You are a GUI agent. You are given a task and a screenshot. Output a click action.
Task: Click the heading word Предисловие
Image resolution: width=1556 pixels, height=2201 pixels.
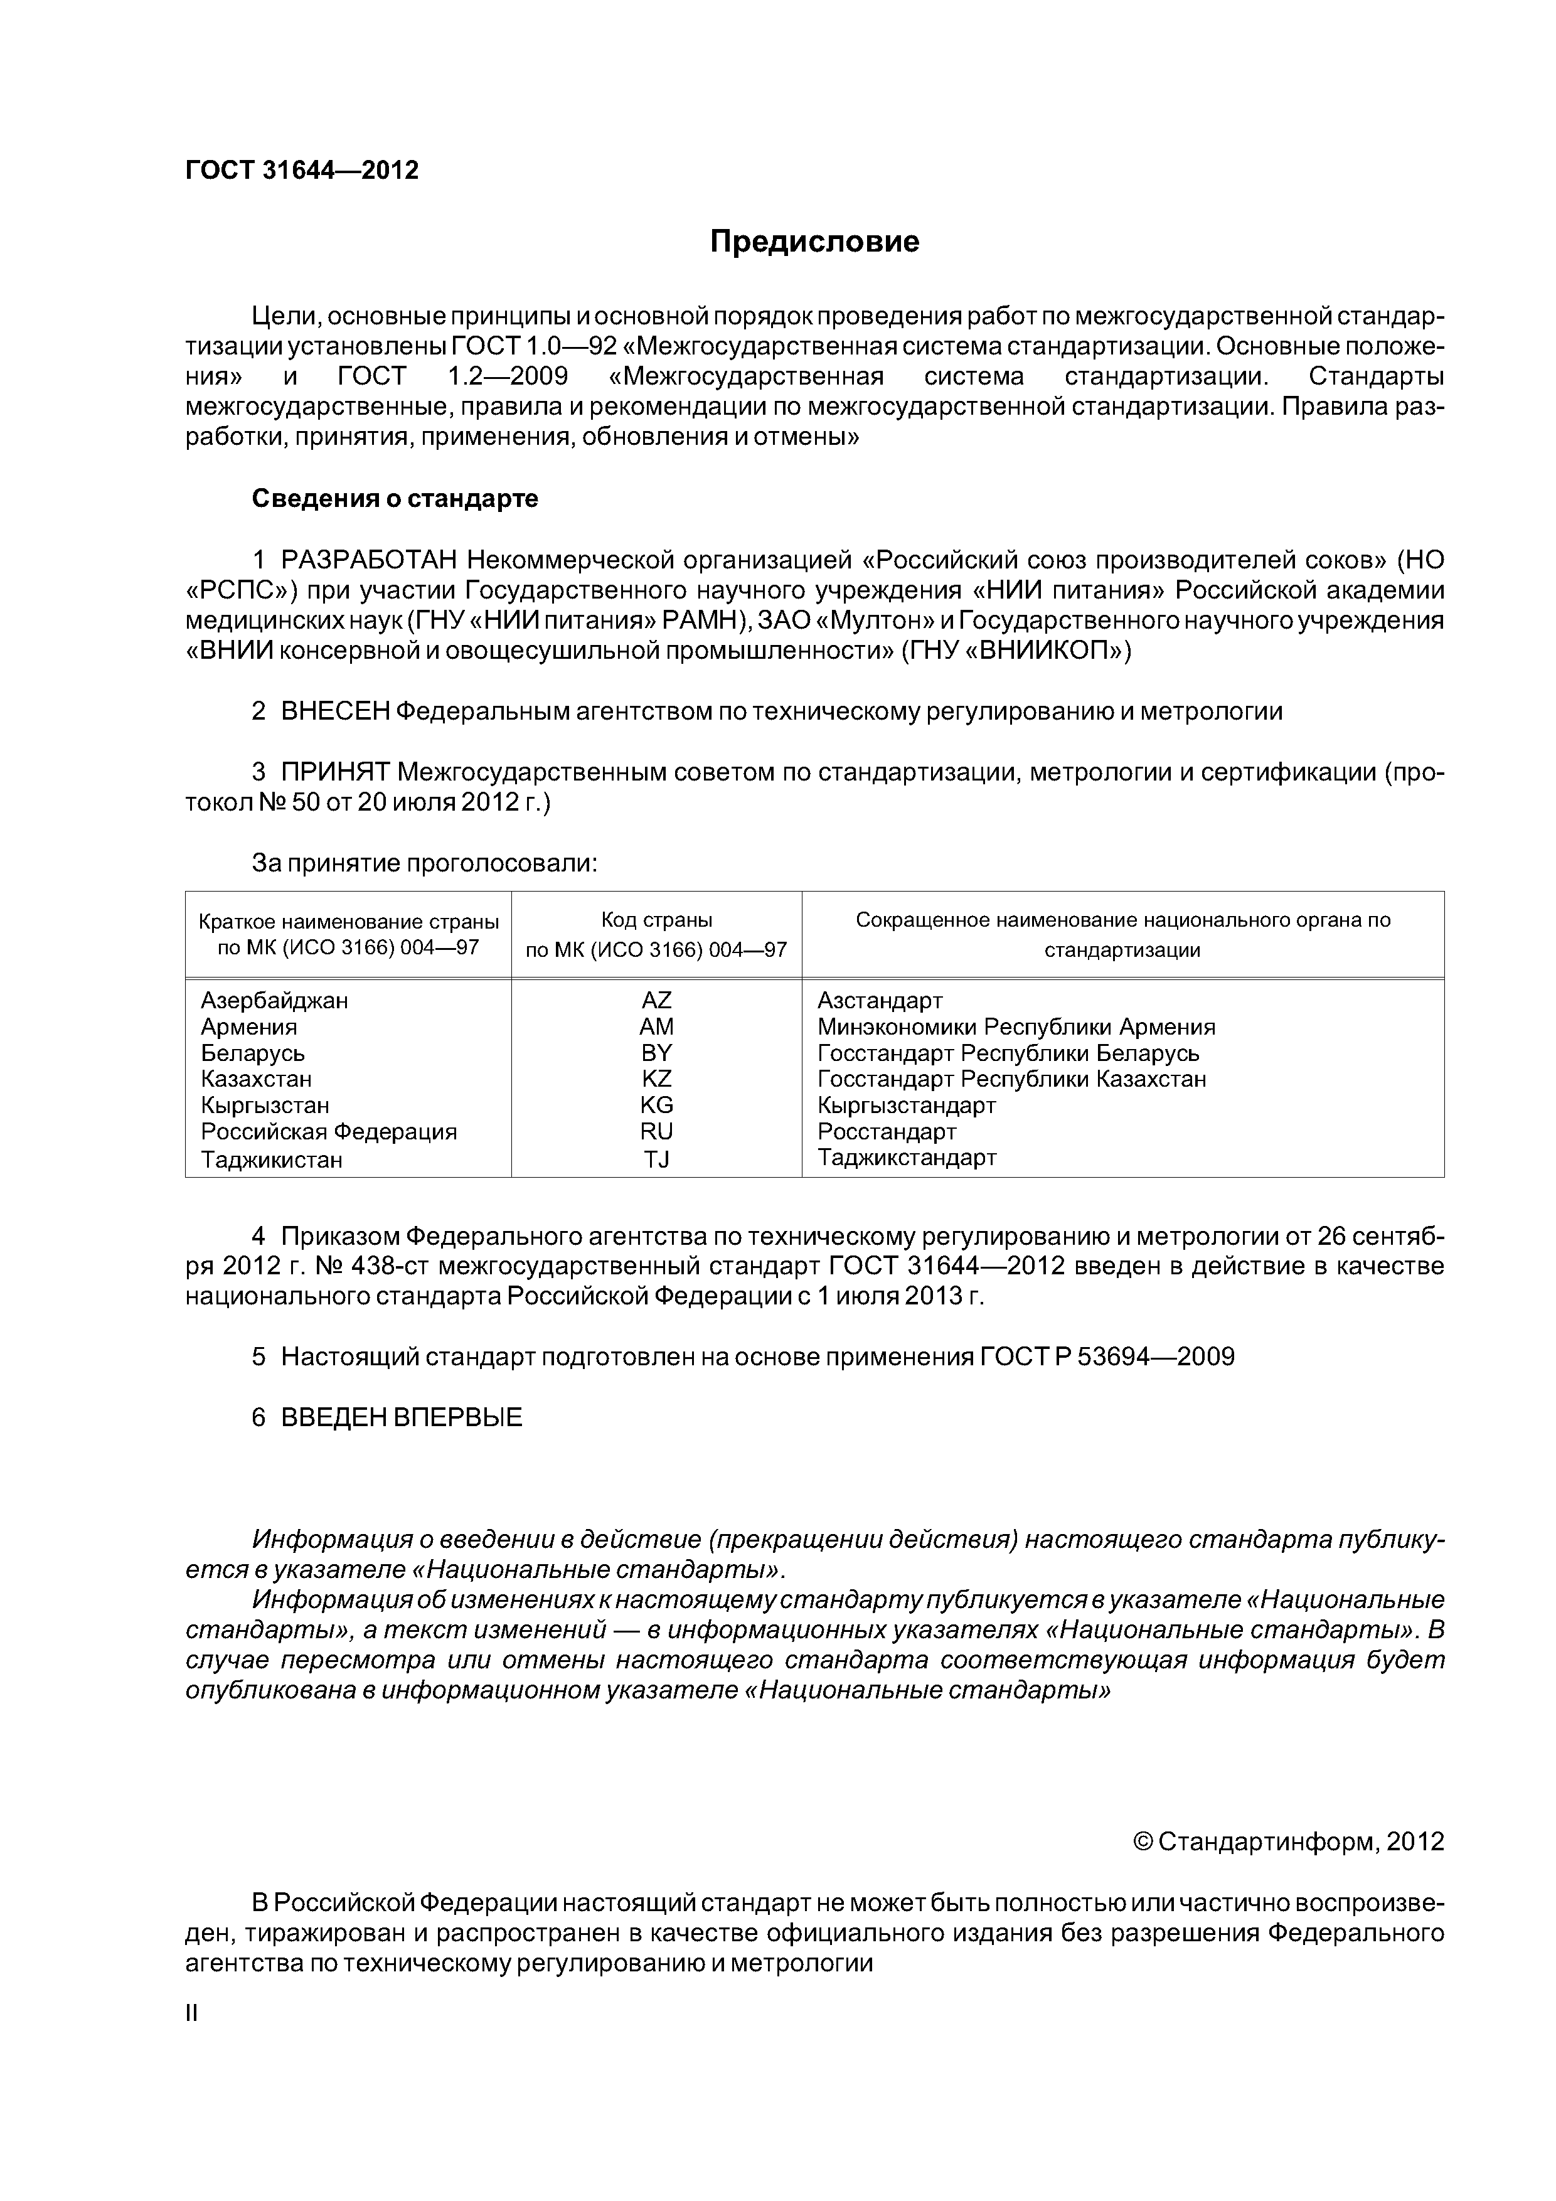click(814, 242)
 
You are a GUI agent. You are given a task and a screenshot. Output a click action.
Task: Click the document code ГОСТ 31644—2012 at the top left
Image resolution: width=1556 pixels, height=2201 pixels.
click(302, 171)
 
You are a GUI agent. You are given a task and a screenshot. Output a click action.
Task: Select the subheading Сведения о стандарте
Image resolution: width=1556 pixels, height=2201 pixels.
click(395, 499)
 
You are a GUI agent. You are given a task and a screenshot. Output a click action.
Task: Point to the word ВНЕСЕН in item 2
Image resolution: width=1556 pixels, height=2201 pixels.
click(336, 711)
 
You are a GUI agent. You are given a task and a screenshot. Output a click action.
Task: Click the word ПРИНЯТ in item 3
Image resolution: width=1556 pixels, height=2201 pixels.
click(336, 772)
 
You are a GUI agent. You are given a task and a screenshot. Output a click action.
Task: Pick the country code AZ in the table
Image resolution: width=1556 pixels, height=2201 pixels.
click(657, 1000)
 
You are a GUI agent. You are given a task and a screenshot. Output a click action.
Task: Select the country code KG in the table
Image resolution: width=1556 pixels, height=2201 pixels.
click(657, 1104)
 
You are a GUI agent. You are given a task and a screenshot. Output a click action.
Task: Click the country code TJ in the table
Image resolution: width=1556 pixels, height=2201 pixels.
click(657, 1160)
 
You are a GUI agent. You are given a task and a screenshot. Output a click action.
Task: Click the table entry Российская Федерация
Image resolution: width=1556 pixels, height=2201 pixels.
click(329, 1131)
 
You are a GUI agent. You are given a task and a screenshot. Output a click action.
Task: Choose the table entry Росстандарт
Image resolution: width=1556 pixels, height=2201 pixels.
click(887, 1131)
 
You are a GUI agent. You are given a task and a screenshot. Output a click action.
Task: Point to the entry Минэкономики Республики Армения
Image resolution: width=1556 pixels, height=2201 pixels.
click(1016, 1026)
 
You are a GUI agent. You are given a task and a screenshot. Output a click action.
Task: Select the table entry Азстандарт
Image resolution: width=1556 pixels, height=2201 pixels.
click(880, 1000)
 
